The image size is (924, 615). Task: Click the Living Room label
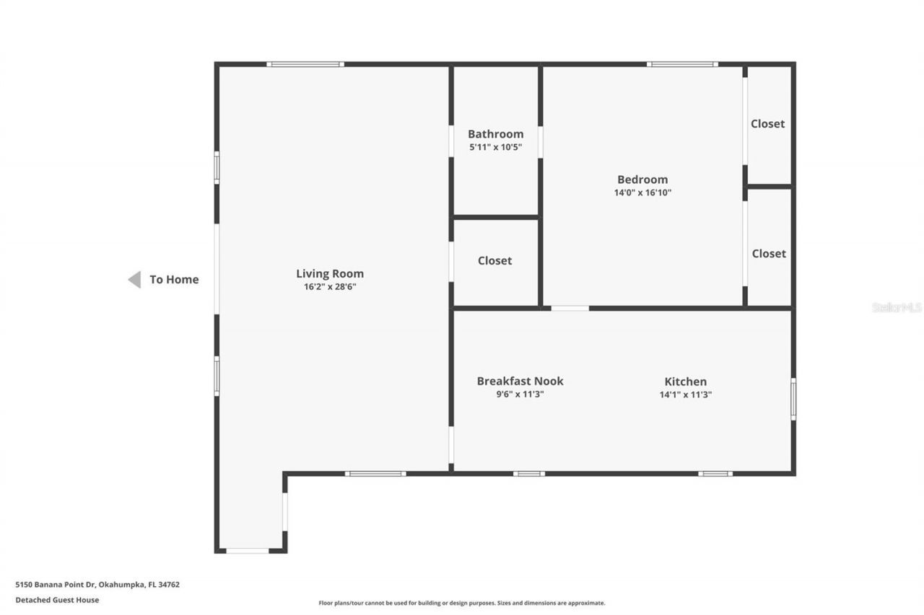(330, 274)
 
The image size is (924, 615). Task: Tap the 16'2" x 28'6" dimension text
(330, 287)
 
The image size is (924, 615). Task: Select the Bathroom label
(495, 134)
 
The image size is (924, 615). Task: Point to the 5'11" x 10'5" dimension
(495, 147)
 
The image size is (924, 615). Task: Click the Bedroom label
(642, 180)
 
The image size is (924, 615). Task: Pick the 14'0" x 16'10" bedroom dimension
(642, 193)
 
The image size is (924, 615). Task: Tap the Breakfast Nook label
(520, 381)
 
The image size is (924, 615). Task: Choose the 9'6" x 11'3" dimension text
(520, 394)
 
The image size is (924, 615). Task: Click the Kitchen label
(685, 381)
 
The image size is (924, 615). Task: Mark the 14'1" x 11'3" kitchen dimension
(685, 394)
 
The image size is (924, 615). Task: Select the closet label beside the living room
(494, 261)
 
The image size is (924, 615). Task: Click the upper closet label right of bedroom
(767, 124)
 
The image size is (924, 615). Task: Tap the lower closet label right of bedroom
(769, 254)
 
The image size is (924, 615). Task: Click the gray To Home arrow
(134, 280)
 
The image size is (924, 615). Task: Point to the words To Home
(174, 280)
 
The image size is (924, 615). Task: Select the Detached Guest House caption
(57, 600)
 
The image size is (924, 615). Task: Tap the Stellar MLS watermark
(897, 307)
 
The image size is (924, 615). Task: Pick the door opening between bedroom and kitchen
(570, 308)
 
